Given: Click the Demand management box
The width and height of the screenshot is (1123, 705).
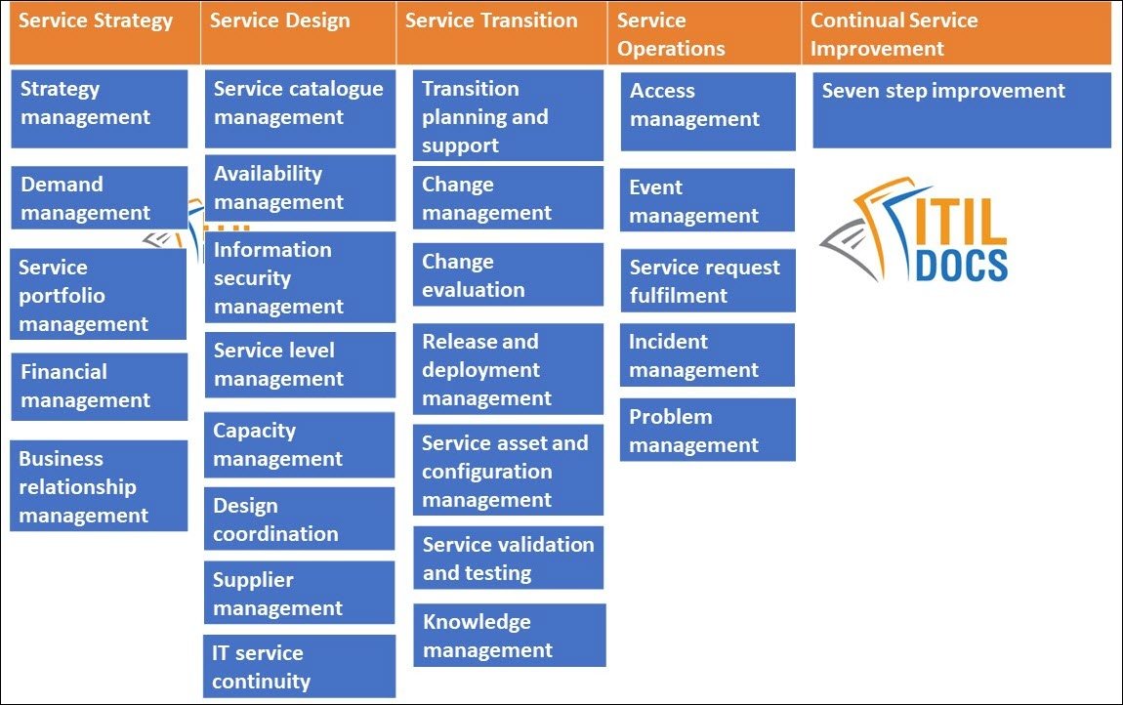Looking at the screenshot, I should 98,197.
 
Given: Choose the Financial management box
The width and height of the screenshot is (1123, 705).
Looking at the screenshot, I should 99,386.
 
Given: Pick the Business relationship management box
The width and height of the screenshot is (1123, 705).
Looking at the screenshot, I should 99,486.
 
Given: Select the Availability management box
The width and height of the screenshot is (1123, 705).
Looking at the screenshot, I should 300,187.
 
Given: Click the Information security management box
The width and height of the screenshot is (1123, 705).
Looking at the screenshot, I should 300,278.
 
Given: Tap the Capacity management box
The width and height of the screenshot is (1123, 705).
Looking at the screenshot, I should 299,444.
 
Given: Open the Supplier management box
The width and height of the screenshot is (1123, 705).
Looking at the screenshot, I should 299,593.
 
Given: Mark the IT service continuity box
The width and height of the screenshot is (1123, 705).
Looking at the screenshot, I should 299,666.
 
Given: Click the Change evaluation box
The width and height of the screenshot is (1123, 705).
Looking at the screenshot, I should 508,274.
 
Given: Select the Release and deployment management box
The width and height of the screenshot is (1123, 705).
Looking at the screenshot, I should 508,369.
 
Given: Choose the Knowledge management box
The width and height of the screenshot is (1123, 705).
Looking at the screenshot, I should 509,635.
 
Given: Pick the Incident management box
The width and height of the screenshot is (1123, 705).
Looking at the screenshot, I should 707,355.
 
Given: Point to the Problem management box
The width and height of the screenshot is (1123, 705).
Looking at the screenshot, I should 707,430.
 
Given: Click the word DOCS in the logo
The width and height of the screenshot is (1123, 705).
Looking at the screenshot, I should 961,264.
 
